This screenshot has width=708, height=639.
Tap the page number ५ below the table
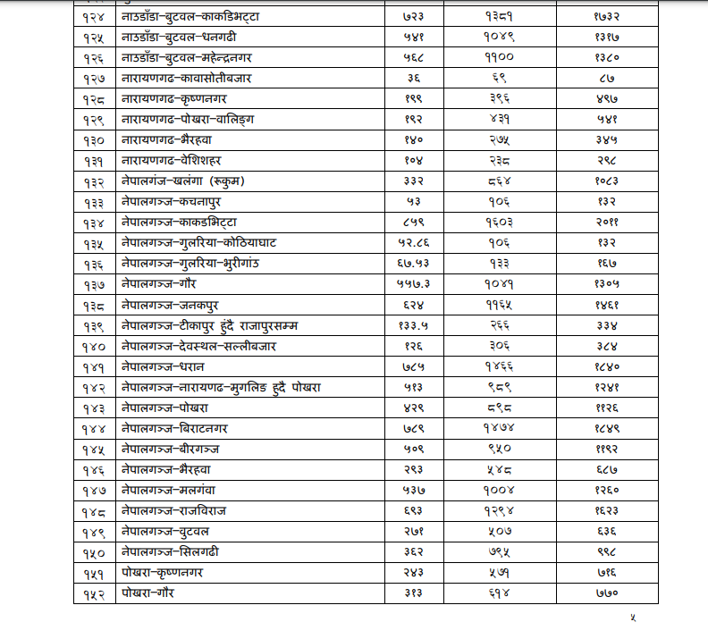(633, 618)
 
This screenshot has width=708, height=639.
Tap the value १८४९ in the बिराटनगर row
(608, 429)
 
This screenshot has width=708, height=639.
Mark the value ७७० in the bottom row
(608, 593)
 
